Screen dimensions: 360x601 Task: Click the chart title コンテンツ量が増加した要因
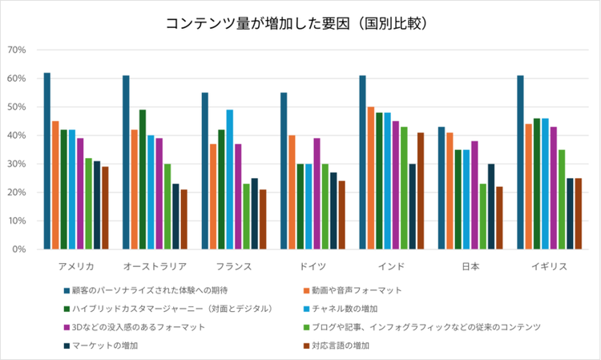300,23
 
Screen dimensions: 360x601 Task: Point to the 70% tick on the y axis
18,50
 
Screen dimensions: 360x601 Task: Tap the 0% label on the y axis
20,249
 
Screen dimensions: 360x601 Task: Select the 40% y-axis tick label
18,136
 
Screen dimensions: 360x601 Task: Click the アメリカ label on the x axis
77,266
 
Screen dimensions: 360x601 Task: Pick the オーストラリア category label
155,266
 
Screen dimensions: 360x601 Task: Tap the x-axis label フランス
234,266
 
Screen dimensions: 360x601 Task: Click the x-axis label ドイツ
313,266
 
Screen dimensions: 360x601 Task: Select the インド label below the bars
392,266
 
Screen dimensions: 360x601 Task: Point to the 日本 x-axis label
470,266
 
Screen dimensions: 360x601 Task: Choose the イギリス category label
549,266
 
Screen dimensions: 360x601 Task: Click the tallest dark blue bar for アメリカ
47,160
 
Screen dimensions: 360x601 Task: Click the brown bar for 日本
499,217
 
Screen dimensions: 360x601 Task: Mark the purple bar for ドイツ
317,193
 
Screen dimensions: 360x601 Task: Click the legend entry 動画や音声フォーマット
357,289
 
